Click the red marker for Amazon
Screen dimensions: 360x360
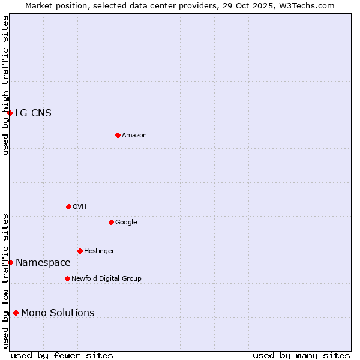coord(118,135)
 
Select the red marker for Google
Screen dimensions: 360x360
coord(111,222)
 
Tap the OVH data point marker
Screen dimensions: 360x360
coord(68,206)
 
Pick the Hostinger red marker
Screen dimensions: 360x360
coord(80,251)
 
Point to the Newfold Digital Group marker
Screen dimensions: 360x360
coord(67,278)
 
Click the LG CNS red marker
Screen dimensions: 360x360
coord(10,113)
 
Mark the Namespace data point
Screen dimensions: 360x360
coord(10,262)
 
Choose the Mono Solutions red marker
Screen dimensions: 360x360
coord(16,313)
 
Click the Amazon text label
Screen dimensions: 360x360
coord(134,136)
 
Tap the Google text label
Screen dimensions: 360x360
coord(126,223)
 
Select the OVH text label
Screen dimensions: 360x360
coord(80,207)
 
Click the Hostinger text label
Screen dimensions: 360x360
coord(99,251)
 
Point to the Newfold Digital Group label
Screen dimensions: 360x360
coord(106,279)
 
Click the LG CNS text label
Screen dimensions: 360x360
coord(33,113)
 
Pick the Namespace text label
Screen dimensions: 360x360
coord(43,263)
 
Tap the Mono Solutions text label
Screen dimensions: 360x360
coord(58,313)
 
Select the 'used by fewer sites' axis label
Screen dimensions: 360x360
coord(62,355)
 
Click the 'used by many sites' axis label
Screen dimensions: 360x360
coord(301,355)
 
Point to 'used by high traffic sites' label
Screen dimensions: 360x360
coord(5,85)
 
